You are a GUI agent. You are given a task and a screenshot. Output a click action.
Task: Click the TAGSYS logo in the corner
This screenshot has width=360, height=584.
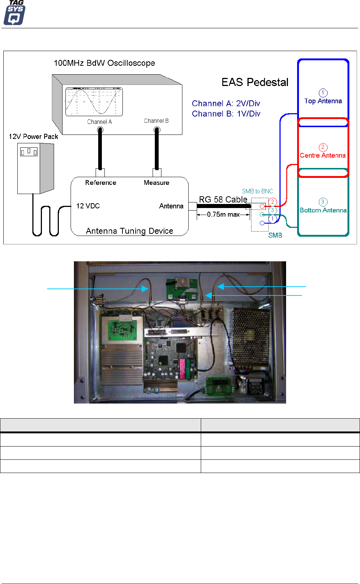click(x=14, y=13)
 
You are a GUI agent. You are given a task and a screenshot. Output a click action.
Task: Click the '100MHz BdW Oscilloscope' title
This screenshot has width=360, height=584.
click(x=104, y=63)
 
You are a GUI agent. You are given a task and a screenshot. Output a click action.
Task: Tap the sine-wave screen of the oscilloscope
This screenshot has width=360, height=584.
click(x=94, y=101)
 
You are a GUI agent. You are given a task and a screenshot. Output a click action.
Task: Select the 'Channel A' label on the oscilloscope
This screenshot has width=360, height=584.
click(x=99, y=122)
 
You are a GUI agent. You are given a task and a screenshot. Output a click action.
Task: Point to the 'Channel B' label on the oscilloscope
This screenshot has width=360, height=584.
click(x=156, y=121)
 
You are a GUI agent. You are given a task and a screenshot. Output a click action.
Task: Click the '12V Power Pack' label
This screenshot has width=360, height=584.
click(x=33, y=137)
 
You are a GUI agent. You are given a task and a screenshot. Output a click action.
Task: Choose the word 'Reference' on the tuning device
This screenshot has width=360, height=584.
click(x=101, y=183)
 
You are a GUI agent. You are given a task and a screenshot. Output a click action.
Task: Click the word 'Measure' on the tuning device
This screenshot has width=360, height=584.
click(x=156, y=183)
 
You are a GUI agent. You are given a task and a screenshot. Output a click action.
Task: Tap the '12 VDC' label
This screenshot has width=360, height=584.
click(x=88, y=206)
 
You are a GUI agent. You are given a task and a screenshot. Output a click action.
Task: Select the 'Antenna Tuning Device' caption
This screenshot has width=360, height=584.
click(x=129, y=231)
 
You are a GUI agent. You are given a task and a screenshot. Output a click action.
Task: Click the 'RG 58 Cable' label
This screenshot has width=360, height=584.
click(x=223, y=200)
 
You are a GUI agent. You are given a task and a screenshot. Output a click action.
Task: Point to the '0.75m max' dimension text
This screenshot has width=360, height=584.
click(x=223, y=214)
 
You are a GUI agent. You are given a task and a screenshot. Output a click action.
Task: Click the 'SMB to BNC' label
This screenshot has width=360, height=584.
click(x=257, y=191)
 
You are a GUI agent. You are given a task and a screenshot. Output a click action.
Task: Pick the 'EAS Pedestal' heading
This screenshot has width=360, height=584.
click(x=255, y=82)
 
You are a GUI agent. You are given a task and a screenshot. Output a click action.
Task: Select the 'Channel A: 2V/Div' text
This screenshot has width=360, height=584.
click(x=226, y=103)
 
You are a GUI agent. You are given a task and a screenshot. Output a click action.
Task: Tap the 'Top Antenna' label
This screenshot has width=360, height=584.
click(x=323, y=101)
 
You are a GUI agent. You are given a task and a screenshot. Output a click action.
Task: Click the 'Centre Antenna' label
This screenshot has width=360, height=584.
click(x=322, y=155)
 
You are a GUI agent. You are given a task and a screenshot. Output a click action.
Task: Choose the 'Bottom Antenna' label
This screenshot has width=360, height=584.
click(x=323, y=210)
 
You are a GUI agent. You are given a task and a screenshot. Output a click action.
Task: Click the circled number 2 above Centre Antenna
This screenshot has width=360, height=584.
click(x=323, y=147)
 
